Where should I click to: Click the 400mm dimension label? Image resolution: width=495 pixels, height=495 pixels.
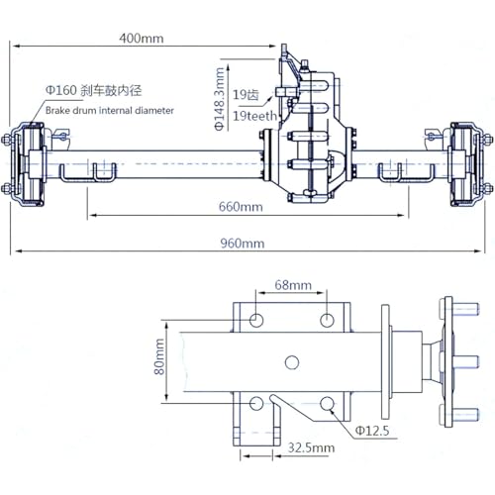pyautogui.click(x=142, y=39)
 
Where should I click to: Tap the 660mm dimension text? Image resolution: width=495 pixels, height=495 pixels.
pyautogui.click(x=241, y=207)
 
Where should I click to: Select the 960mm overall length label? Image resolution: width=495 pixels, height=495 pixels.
pyautogui.click(x=243, y=244)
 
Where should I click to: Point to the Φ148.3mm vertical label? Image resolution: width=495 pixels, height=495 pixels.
pyautogui.click(x=220, y=99)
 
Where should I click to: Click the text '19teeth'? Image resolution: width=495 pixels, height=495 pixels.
pyautogui.click(x=254, y=116)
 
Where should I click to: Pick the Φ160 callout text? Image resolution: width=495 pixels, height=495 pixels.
pyautogui.click(x=61, y=90)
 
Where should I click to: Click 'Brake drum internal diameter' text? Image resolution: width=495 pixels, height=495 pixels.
pyautogui.click(x=110, y=110)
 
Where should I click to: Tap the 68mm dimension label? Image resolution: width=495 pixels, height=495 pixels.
pyautogui.click(x=293, y=285)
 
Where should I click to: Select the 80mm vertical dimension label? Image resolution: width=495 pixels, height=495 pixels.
pyautogui.click(x=159, y=357)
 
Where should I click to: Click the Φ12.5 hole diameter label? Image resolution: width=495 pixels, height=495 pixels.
pyautogui.click(x=372, y=431)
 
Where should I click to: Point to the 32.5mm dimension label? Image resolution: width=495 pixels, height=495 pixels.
pyautogui.click(x=311, y=447)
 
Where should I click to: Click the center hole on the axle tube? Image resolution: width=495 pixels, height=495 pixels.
pyautogui.click(x=292, y=362)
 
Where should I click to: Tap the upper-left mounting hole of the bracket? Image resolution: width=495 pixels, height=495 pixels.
pyautogui.click(x=256, y=320)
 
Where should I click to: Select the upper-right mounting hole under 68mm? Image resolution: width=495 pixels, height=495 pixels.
pyautogui.click(x=327, y=320)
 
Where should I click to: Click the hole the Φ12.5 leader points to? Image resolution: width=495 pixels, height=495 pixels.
pyautogui.click(x=327, y=404)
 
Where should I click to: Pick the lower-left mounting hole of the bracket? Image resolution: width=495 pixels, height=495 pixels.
pyautogui.click(x=256, y=404)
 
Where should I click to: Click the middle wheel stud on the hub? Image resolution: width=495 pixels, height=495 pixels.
pyautogui.click(x=464, y=362)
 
